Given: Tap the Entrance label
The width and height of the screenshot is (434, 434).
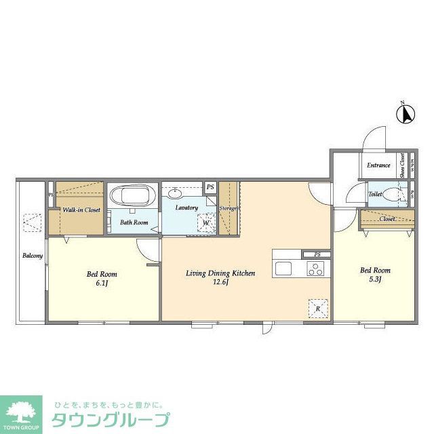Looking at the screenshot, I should click(378, 165).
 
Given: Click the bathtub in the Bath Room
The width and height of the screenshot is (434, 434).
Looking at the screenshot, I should click(132, 197).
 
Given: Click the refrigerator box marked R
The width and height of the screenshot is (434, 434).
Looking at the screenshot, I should click(317, 307).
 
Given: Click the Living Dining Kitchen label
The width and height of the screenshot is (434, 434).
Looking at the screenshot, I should click(221, 273).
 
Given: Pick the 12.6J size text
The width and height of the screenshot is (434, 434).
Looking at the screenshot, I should click(220, 283).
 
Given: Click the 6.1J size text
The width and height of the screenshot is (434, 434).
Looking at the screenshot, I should click(102, 283).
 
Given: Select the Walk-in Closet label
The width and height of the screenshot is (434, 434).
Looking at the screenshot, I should click(81, 210).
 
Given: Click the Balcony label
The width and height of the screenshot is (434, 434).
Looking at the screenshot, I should click(32, 256).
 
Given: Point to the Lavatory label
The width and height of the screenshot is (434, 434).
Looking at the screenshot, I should click(186, 208).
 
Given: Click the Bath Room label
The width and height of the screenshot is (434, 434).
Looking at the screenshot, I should click(134, 222).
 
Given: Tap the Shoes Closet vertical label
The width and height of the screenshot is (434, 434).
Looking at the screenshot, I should click(403, 165).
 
